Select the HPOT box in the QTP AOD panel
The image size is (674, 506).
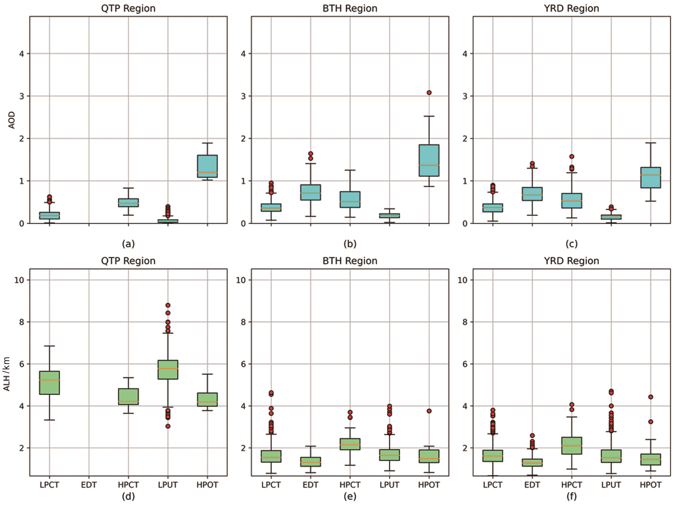(x=207, y=166)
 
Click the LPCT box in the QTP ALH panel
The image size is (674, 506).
(x=49, y=383)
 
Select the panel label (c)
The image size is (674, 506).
(x=571, y=244)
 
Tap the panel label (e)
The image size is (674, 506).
(x=350, y=496)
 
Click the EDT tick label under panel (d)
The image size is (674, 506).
(x=89, y=485)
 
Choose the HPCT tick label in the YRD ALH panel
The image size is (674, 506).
(x=571, y=485)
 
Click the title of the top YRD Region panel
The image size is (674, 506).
(x=571, y=8)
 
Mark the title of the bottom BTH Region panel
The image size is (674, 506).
(x=350, y=261)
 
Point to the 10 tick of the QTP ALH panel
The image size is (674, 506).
(x=19, y=280)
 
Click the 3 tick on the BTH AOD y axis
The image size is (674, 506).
(x=243, y=96)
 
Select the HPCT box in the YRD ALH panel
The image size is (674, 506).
(x=571, y=446)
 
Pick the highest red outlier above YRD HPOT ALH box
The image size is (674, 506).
(x=650, y=397)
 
